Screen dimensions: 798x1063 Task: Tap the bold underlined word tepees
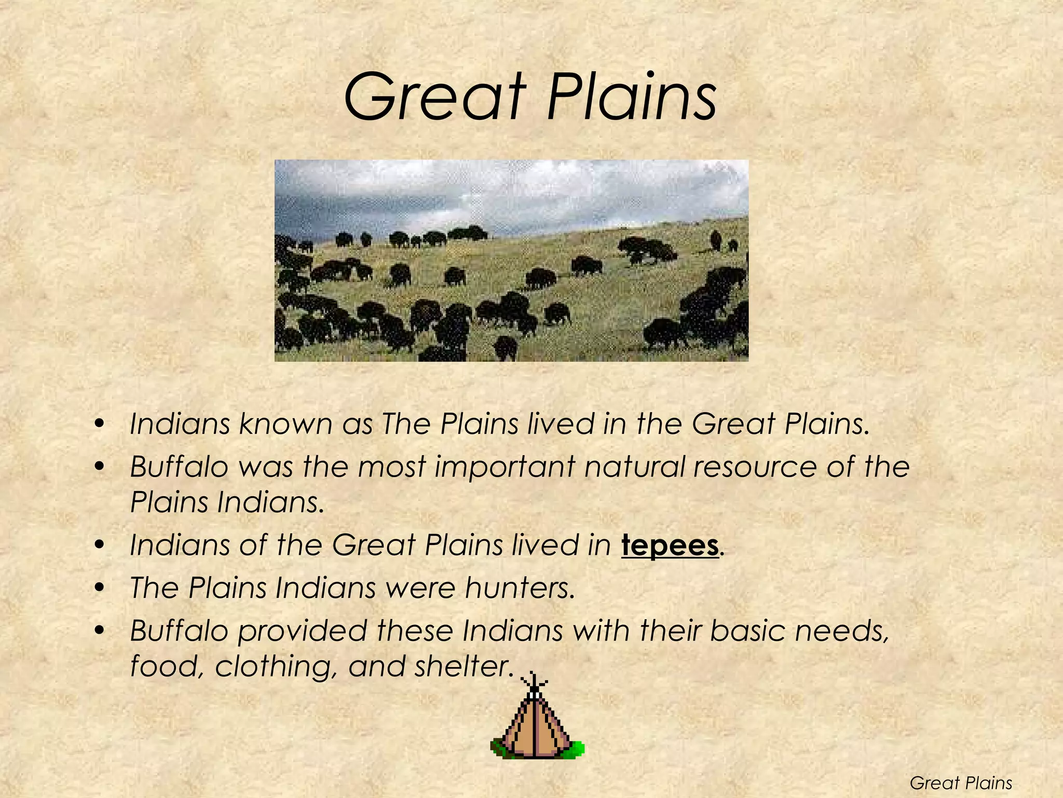point(670,545)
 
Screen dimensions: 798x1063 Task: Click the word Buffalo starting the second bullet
point(179,466)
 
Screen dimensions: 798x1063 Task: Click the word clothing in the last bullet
point(274,666)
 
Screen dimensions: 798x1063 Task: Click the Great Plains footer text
point(961,782)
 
